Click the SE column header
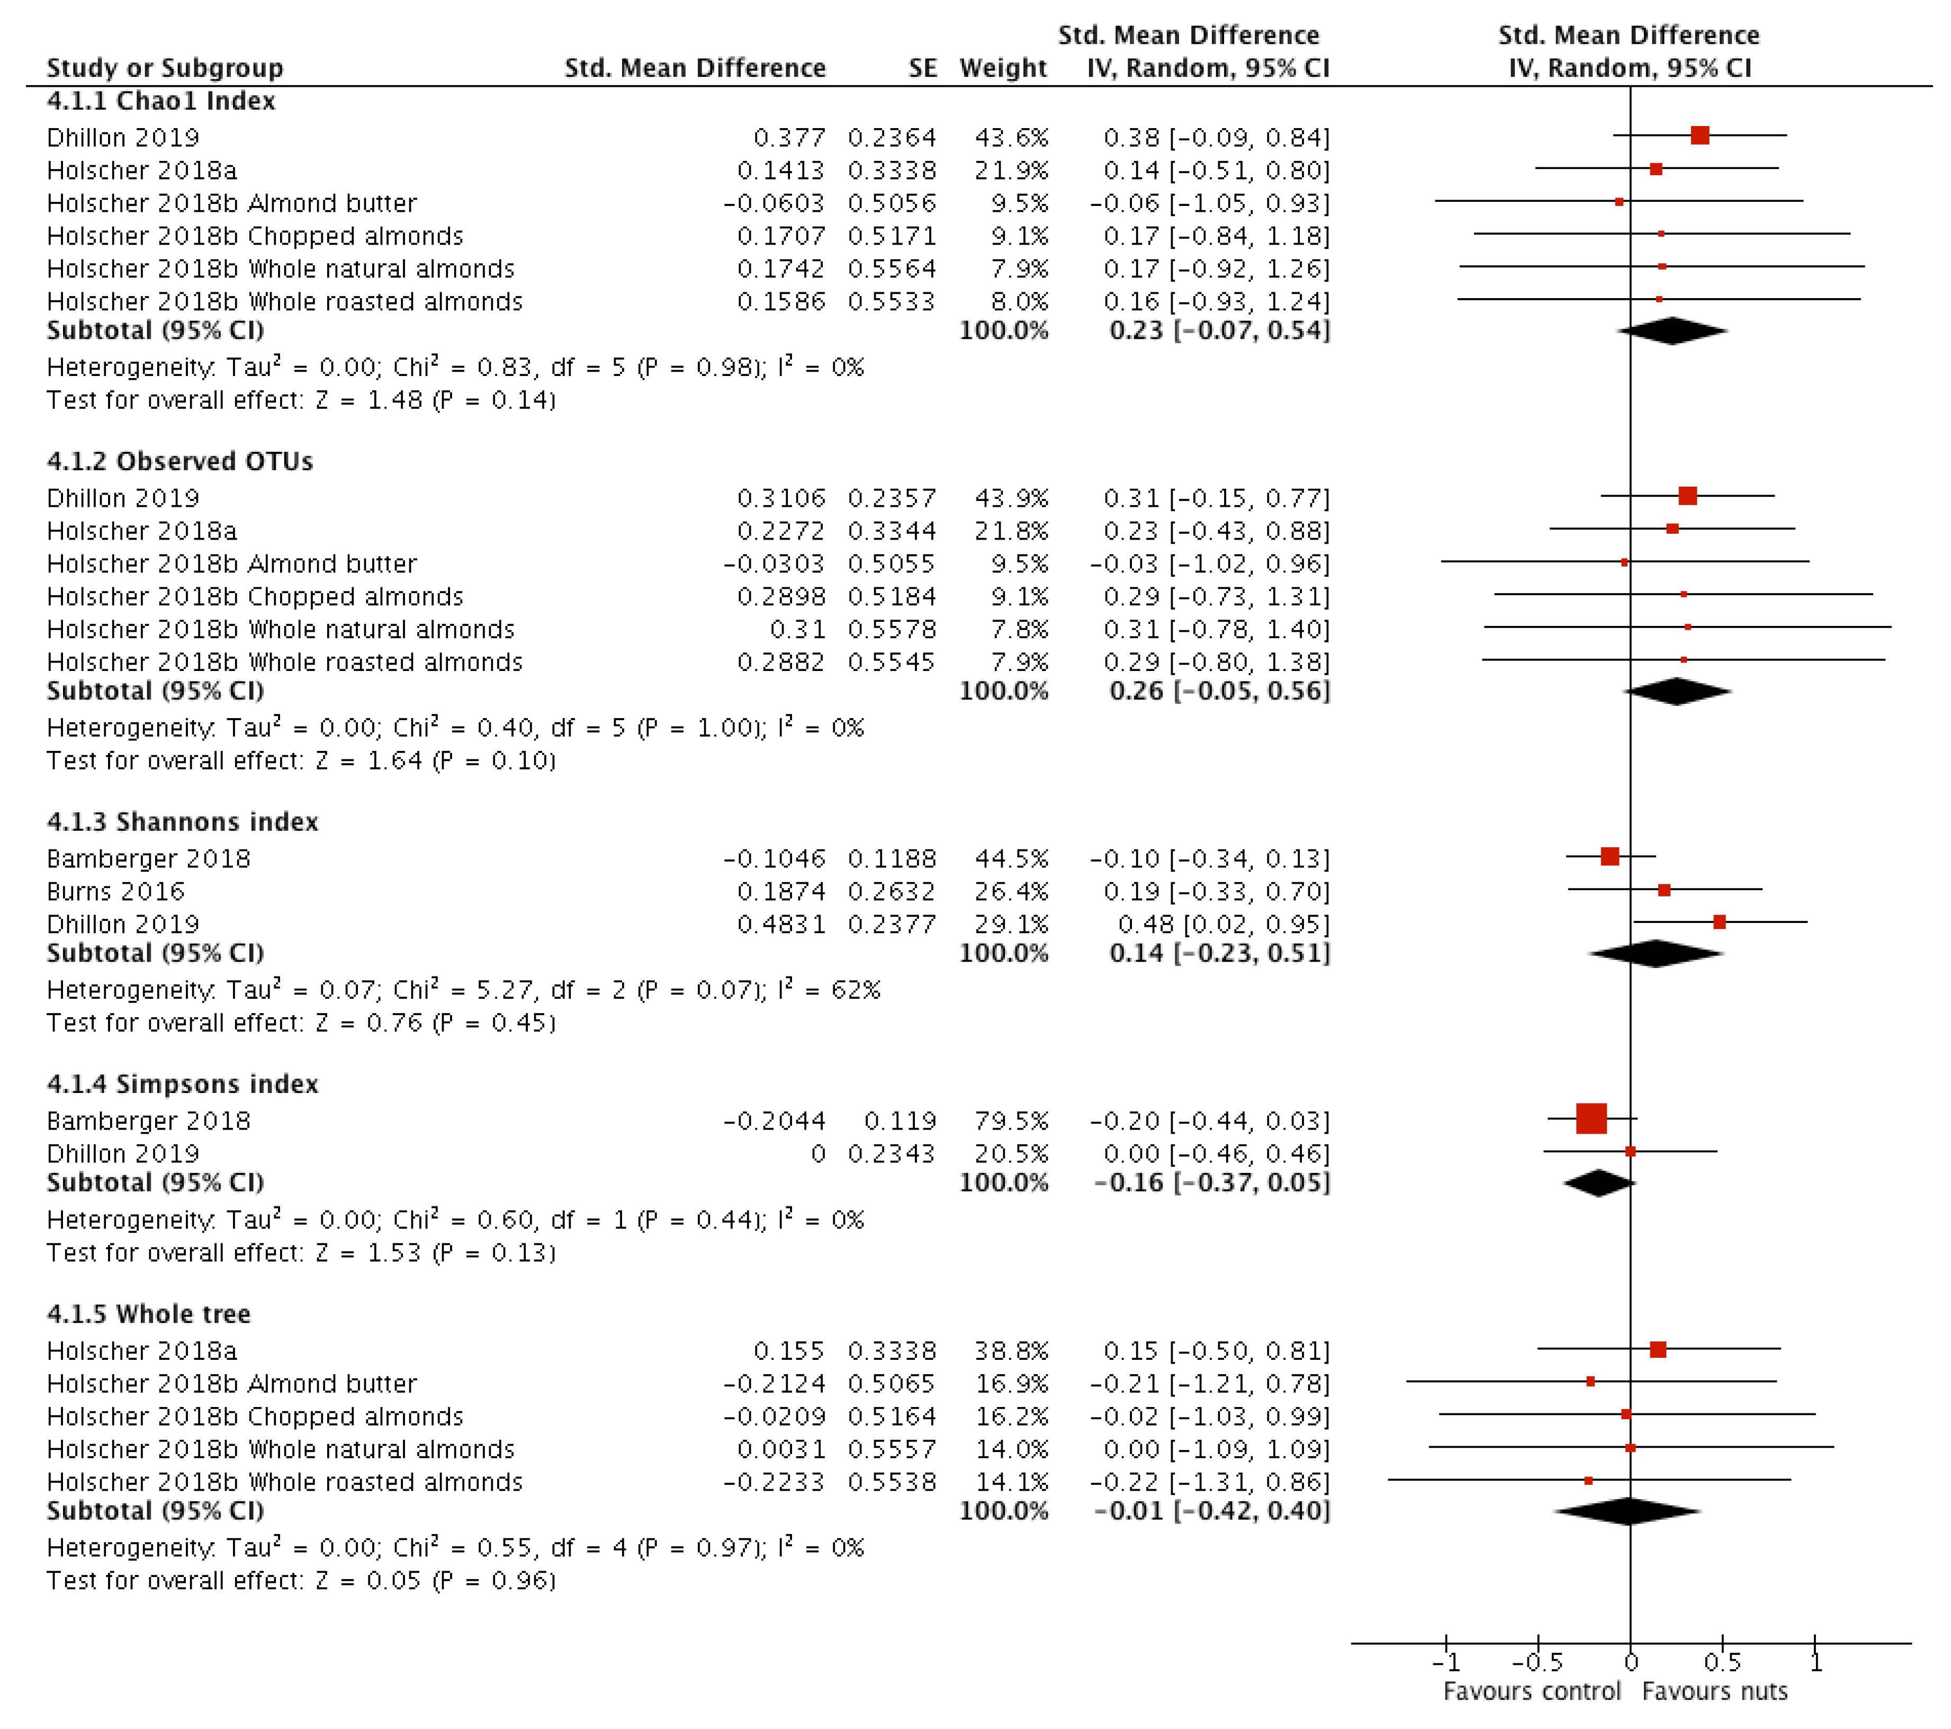tap(922, 68)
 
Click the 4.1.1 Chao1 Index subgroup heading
tap(160, 101)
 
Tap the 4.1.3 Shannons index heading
tap(182, 822)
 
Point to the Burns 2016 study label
tap(115, 892)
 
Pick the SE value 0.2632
tap(892, 892)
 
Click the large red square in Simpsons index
tap(1591, 1119)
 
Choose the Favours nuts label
tap(1714, 1692)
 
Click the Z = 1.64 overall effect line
tap(301, 761)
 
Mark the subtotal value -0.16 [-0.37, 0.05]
tap(1211, 1183)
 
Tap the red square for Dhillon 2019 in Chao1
tap(1699, 136)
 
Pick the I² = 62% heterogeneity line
tap(463, 990)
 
